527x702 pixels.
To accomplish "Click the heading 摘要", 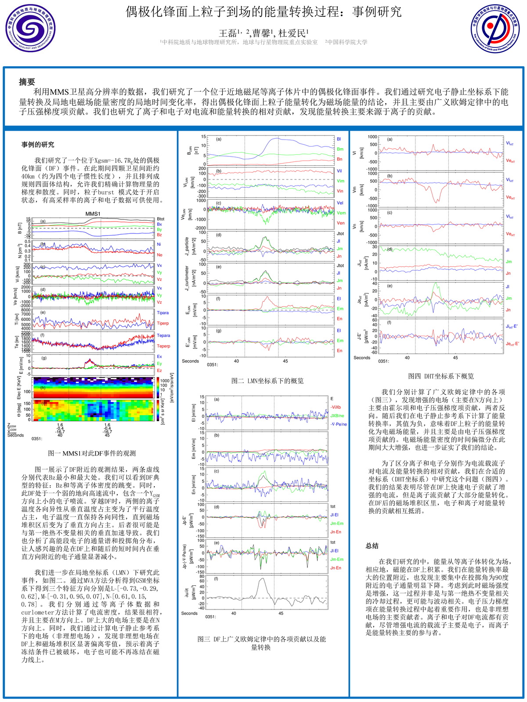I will pyautogui.click(x=27, y=82).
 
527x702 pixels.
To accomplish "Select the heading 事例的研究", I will pyautogui.click(x=38, y=144).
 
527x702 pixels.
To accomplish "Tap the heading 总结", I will pyautogui.click(x=372, y=546).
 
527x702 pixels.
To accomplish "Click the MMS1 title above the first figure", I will pyautogui.click(x=93, y=214).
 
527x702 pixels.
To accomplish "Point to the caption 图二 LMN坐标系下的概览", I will pyautogui.click(x=267, y=381).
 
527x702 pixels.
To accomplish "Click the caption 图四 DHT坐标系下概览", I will pyautogui.click(x=441, y=376).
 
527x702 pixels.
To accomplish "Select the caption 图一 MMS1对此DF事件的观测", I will pyautogui.click(x=92, y=453).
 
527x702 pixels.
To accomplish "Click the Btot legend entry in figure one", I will pyautogui.click(x=161, y=219).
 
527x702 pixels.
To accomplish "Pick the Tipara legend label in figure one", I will pyautogui.click(x=162, y=313).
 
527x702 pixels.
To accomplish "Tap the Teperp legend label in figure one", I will pyautogui.click(x=163, y=346).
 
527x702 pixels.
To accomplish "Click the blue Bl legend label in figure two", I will pyautogui.click(x=339, y=139).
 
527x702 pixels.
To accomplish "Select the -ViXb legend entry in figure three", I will pyautogui.click(x=336, y=407).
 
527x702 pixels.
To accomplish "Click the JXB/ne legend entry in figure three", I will pyautogui.click(x=337, y=415).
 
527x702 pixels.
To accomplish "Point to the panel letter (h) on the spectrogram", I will pyautogui.click(x=43, y=387).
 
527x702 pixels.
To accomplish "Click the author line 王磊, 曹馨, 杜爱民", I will pyautogui.click(x=263, y=33).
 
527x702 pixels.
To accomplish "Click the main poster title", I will pyautogui.click(x=263, y=12).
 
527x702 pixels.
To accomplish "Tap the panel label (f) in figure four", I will pyautogui.click(x=389, y=322).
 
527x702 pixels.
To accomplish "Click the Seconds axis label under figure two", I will pyautogui.click(x=190, y=361).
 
